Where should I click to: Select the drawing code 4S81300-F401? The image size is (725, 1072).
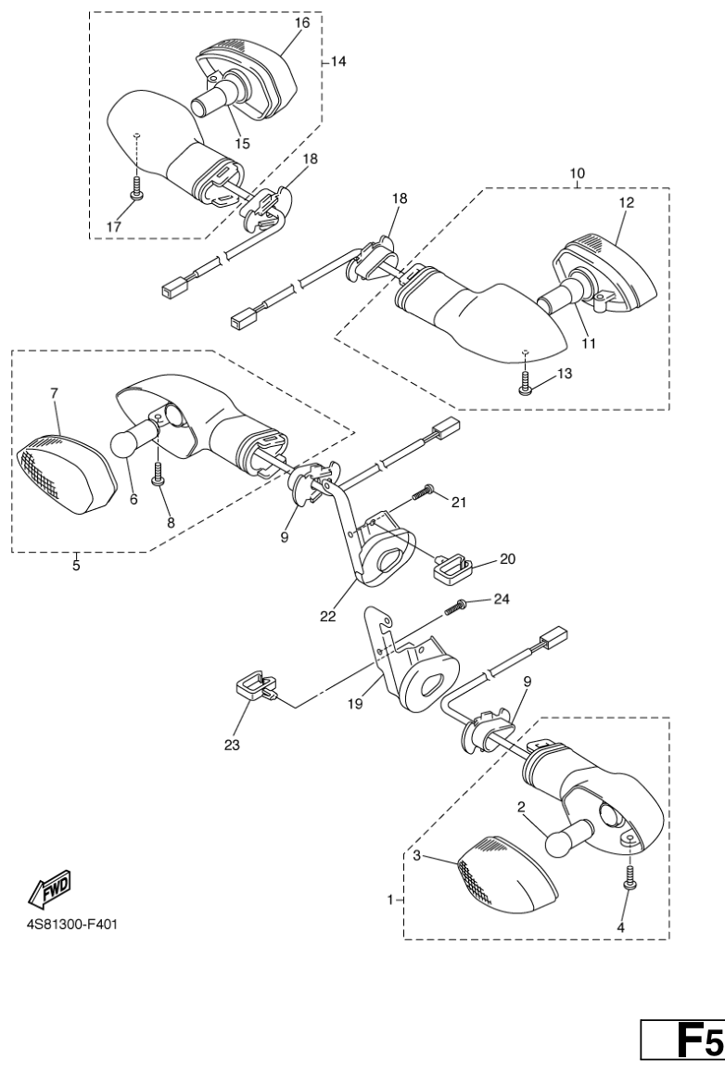pyautogui.click(x=72, y=925)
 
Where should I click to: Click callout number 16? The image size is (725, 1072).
pyautogui.click(x=302, y=22)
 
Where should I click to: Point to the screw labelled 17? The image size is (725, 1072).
pyautogui.click(x=137, y=186)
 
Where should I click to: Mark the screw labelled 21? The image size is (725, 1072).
pyautogui.click(x=425, y=491)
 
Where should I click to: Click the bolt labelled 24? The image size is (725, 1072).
pyautogui.click(x=456, y=606)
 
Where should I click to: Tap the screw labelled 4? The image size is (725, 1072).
pyautogui.click(x=630, y=878)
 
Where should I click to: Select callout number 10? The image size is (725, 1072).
pyautogui.click(x=578, y=173)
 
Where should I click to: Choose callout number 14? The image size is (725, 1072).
pyautogui.click(x=338, y=61)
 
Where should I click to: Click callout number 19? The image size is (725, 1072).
pyautogui.click(x=355, y=703)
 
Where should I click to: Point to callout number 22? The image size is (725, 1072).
pyautogui.click(x=328, y=616)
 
